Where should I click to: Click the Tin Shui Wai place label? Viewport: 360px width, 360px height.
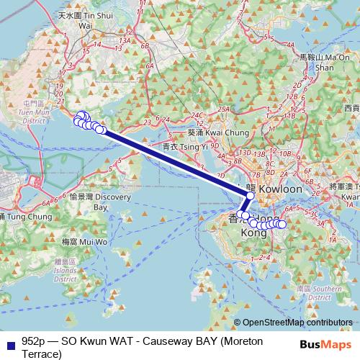tap(77, 19)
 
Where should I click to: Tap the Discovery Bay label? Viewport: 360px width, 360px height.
tap(90, 201)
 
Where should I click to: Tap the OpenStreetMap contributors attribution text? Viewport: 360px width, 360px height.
tap(297, 323)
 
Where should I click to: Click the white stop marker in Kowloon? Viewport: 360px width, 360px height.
tap(251, 195)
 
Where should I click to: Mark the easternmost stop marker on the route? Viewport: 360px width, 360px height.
tap(282, 225)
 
